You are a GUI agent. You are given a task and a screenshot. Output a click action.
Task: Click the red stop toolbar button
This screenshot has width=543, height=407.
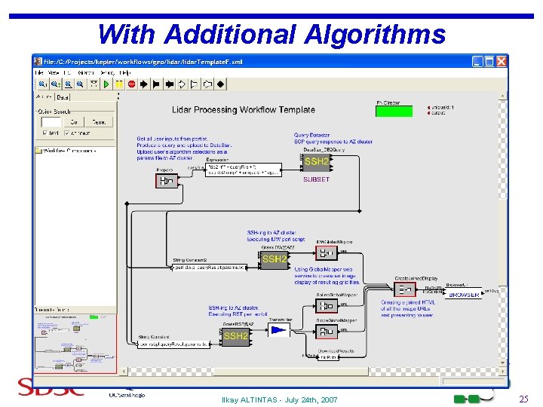(131, 84)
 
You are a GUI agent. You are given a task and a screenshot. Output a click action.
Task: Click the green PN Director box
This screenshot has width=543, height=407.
(394, 111)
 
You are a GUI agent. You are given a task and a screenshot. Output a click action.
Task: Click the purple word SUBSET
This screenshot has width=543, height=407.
(317, 180)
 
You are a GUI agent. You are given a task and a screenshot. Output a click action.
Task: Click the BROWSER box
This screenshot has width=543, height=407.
(464, 295)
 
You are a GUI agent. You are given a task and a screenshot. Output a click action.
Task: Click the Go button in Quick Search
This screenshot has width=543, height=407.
(74, 121)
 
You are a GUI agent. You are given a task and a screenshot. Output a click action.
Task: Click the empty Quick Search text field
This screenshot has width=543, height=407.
(51, 121)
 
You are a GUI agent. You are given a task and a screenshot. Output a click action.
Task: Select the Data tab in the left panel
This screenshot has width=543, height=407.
(63, 96)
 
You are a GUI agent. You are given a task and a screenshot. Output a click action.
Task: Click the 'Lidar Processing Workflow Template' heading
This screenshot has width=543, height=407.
(244, 110)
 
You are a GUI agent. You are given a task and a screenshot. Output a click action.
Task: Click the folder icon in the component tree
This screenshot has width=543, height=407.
(39, 150)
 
